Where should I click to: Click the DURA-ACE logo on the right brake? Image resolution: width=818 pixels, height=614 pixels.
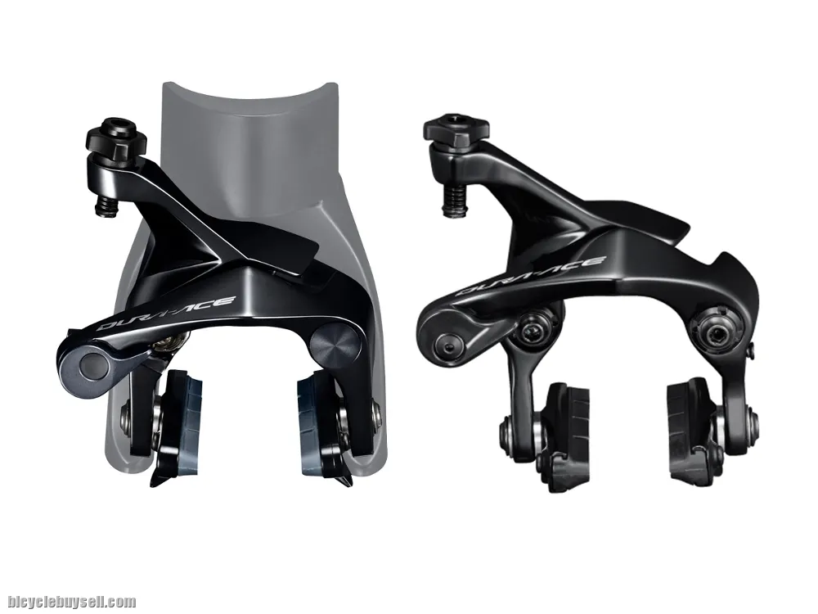click(x=531, y=276)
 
